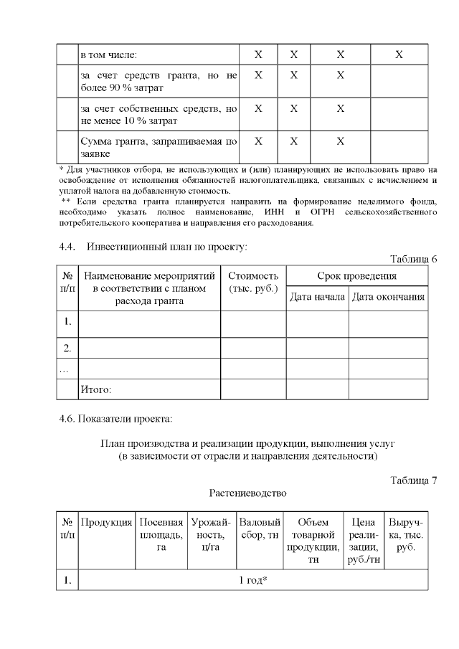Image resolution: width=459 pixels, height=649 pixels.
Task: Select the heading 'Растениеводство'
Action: [247, 493]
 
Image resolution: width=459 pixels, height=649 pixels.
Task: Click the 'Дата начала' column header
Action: [318, 297]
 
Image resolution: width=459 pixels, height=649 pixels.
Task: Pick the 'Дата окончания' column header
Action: [388, 297]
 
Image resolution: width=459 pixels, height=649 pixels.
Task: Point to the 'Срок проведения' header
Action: [356, 276]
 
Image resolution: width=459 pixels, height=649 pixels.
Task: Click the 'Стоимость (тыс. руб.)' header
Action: [253, 282]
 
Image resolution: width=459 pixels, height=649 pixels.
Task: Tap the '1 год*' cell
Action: [252, 580]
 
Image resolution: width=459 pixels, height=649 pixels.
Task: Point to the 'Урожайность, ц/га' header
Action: [211, 534]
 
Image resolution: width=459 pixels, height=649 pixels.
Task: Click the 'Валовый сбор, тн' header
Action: [260, 528]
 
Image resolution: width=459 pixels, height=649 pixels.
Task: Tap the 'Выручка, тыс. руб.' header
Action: [406, 534]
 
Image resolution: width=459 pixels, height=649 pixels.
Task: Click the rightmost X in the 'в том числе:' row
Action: [399, 55]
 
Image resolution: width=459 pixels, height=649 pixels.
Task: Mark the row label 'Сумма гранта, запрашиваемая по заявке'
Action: [158, 148]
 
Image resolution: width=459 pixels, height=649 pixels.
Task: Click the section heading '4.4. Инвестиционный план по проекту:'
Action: [153, 247]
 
